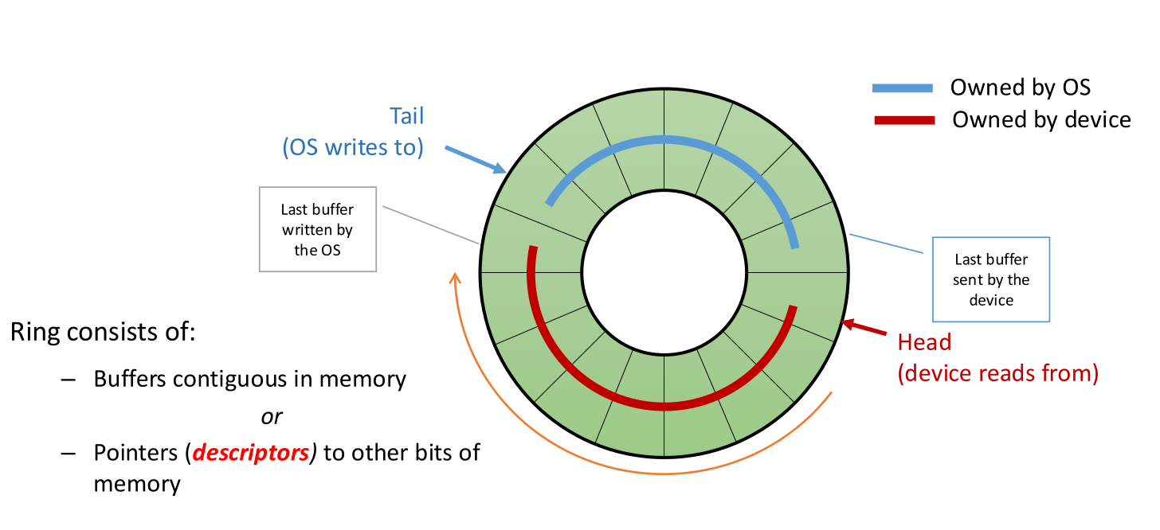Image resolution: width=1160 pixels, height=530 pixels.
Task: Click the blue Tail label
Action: click(406, 115)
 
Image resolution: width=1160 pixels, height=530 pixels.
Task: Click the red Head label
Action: click(924, 342)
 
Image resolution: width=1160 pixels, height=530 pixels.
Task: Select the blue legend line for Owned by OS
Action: click(902, 88)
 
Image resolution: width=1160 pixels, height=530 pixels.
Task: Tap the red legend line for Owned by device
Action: click(903, 120)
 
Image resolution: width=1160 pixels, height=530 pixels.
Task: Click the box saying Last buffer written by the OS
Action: click(317, 229)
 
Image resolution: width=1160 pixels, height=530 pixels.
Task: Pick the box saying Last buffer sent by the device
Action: click(991, 279)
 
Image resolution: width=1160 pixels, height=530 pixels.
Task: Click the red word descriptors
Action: click(251, 453)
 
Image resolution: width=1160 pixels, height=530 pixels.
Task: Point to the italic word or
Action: click(272, 416)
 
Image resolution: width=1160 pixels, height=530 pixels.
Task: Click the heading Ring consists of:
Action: click(102, 332)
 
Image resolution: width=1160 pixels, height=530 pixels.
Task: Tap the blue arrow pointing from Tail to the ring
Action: click(476, 159)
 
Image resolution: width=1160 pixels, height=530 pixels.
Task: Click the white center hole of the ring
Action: click(664, 273)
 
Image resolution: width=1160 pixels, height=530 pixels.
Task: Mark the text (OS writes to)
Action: click(353, 147)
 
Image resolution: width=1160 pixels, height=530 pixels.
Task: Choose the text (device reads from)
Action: click(997, 373)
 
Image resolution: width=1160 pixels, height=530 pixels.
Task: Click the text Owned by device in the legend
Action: click(1041, 120)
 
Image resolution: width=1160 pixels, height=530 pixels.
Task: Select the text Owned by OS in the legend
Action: click(1020, 88)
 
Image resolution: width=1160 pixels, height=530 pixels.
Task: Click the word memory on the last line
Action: click(136, 483)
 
